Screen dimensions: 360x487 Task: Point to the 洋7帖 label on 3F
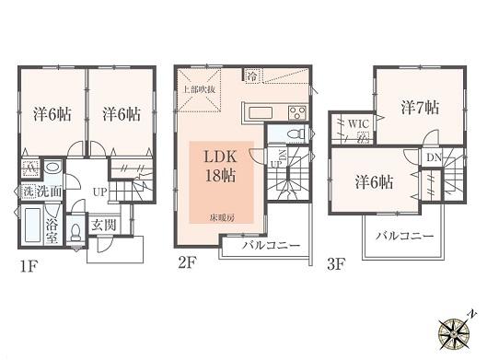(x=420, y=108)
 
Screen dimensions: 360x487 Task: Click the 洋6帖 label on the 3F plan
(x=373, y=181)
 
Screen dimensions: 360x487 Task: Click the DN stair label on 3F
(x=433, y=157)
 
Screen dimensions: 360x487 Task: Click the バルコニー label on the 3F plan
(x=404, y=236)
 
